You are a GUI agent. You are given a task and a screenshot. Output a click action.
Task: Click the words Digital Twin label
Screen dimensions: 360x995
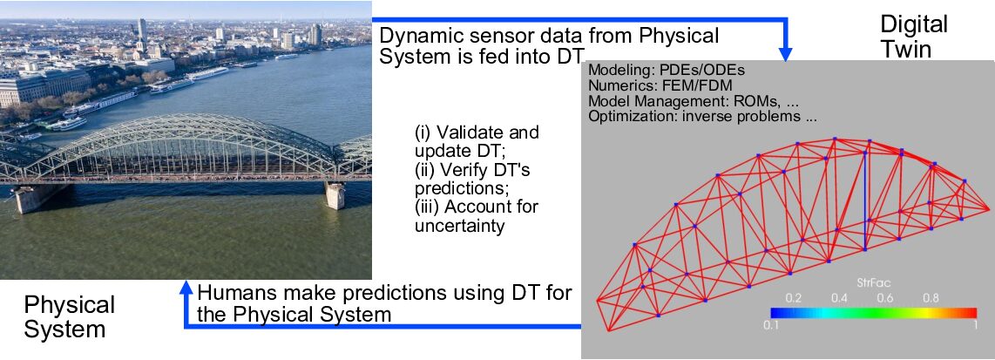(913, 36)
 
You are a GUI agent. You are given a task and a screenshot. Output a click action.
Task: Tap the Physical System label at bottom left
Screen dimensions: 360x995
(69, 317)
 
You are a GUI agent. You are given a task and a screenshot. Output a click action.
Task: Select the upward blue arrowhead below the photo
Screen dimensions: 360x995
(186, 289)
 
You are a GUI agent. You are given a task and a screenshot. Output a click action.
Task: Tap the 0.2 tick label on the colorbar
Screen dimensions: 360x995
(793, 298)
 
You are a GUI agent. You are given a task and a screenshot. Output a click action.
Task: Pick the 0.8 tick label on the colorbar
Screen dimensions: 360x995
(931, 298)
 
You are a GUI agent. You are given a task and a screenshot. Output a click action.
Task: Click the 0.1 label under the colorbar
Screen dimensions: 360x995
(770, 325)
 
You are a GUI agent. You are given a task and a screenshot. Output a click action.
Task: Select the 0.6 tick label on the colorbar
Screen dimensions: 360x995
(884, 298)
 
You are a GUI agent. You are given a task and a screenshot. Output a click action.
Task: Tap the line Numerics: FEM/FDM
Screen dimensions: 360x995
(660, 85)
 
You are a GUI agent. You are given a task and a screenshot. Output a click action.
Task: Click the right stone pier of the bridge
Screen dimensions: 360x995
(335, 195)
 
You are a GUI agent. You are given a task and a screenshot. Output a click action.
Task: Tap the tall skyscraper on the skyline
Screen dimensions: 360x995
(141, 29)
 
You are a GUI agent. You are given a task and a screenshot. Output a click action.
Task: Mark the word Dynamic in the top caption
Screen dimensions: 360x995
(414, 36)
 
